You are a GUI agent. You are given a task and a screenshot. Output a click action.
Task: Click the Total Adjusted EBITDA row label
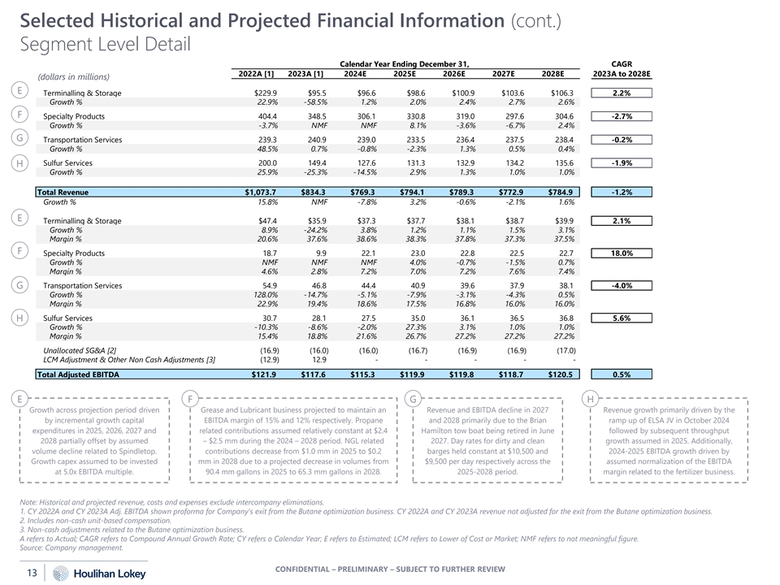(x=79, y=375)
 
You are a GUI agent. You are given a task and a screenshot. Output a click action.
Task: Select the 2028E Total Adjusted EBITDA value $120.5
(x=558, y=375)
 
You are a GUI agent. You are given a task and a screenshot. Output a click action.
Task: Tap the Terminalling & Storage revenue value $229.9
(x=266, y=93)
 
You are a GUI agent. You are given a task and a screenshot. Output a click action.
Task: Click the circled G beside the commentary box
(x=412, y=398)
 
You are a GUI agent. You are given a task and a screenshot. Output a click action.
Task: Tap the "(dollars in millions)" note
(x=73, y=77)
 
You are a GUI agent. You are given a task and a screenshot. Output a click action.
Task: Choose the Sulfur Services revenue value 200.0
(x=266, y=163)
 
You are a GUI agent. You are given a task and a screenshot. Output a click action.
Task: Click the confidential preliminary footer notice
(x=390, y=567)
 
